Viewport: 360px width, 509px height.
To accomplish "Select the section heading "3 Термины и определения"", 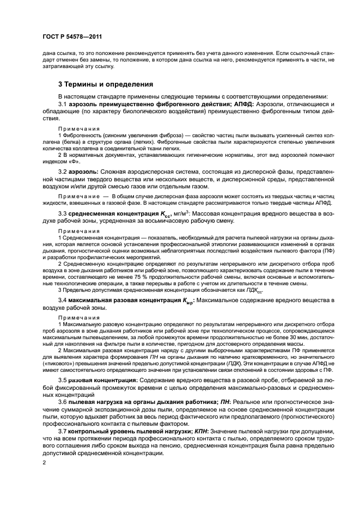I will [106, 84].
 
